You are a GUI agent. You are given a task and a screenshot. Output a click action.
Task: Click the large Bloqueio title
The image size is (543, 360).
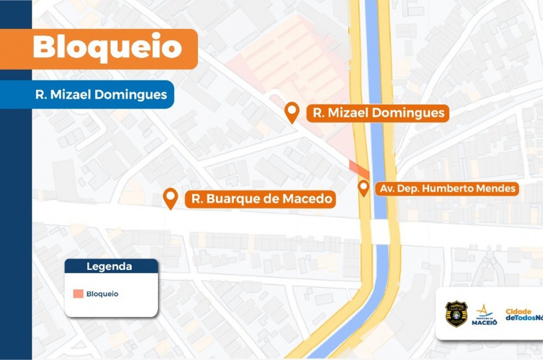click(x=107, y=48)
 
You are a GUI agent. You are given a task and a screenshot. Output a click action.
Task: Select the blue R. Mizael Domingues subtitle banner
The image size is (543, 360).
click(x=101, y=94)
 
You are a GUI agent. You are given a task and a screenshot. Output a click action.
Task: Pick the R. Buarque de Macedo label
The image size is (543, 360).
click(x=260, y=198)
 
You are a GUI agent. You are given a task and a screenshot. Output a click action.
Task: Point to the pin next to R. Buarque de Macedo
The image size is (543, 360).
click(x=171, y=198)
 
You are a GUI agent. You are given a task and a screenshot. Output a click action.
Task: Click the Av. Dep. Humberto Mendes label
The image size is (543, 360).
click(x=447, y=188)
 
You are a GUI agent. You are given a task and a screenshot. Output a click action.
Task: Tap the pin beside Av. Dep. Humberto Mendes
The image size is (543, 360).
click(x=363, y=187)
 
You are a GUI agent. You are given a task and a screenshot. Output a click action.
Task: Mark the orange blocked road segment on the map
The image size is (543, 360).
click(x=359, y=170)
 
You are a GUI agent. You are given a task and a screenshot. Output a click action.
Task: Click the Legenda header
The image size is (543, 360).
click(x=109, y=267)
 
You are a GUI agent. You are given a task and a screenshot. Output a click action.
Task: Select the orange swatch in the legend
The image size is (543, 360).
click(x=78, y=294)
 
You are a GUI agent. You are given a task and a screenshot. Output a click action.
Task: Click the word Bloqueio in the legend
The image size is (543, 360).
click(x=102, y=294)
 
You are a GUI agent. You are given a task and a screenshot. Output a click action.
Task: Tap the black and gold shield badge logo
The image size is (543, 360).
click(x=456, y=314)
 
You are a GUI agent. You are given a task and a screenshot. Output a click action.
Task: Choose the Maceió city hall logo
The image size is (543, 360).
click(x=484, y=315)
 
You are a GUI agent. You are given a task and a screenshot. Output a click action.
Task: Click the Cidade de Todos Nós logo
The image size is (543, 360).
click(x=524, y=315)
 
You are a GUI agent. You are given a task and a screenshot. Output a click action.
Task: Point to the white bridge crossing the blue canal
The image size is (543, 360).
click(x=381, y=231)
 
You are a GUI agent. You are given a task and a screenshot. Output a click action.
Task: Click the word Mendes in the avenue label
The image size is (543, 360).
click(x=497, y=188)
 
